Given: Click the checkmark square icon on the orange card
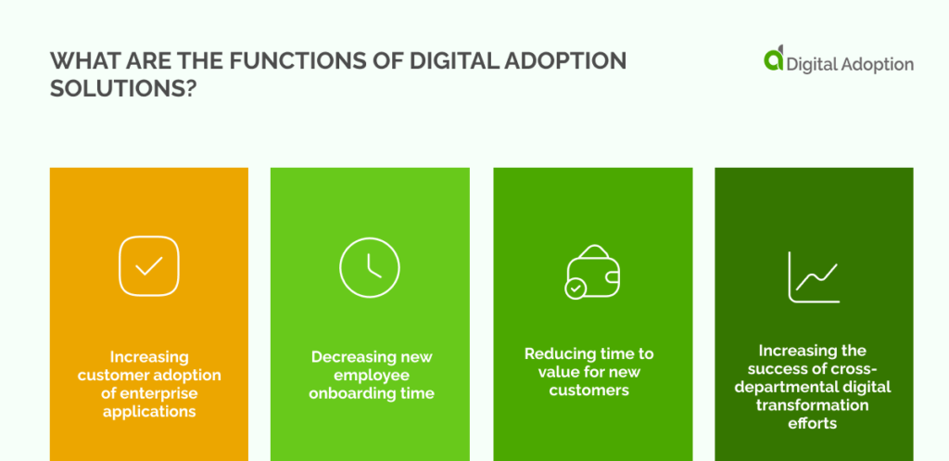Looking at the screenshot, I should point(148,266).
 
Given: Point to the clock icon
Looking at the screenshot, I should point(370,266).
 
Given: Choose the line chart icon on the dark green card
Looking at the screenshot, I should point(814,276).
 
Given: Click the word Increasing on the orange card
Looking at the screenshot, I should point(149,357).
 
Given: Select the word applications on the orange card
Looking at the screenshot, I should point(149,410).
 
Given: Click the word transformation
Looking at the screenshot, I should point(814,404).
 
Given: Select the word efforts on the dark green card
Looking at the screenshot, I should point(814,422).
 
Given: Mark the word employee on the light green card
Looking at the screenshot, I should point(370,375).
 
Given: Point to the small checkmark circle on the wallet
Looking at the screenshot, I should point(575,288).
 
